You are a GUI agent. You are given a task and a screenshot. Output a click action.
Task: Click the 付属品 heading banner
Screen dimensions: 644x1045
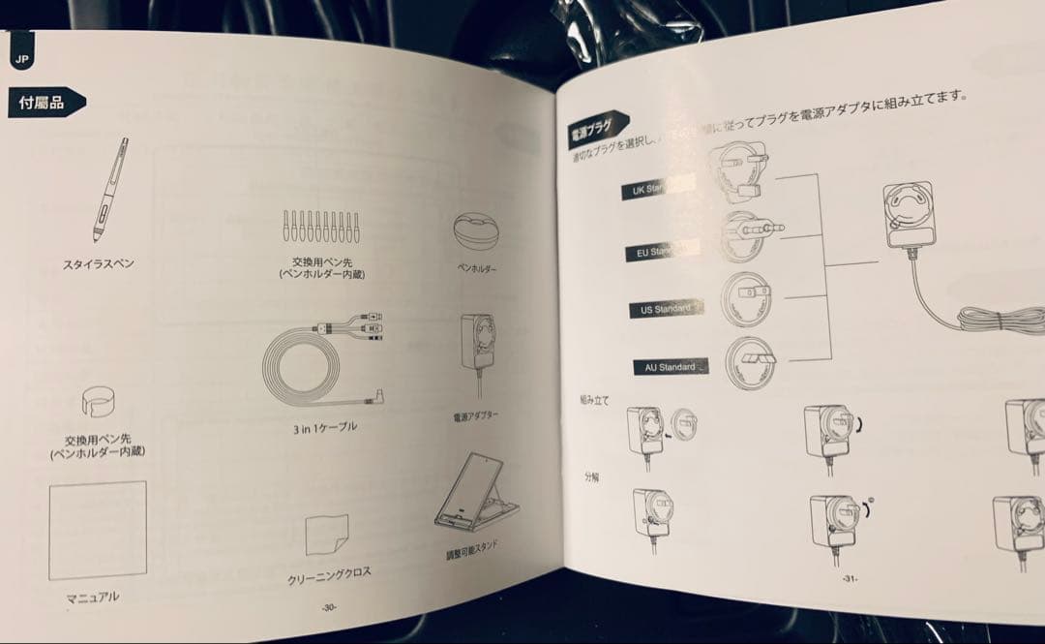point(45,102)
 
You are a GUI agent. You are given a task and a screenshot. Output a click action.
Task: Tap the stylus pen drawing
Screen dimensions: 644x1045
point(109,191)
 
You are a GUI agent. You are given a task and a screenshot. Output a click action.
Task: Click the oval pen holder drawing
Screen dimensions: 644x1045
point(477,233)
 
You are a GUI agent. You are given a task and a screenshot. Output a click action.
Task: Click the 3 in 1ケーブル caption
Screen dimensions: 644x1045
point(323,427)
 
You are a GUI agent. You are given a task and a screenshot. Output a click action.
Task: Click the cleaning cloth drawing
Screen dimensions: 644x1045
point(326,536)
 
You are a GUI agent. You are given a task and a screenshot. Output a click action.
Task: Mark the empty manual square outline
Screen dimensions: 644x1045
point(97,531)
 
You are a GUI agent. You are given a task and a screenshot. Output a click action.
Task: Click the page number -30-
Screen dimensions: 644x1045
point(329,608)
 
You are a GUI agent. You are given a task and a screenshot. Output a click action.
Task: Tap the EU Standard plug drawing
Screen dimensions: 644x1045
point(749,233)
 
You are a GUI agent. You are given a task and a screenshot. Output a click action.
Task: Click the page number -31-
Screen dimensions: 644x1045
point(849,578)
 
